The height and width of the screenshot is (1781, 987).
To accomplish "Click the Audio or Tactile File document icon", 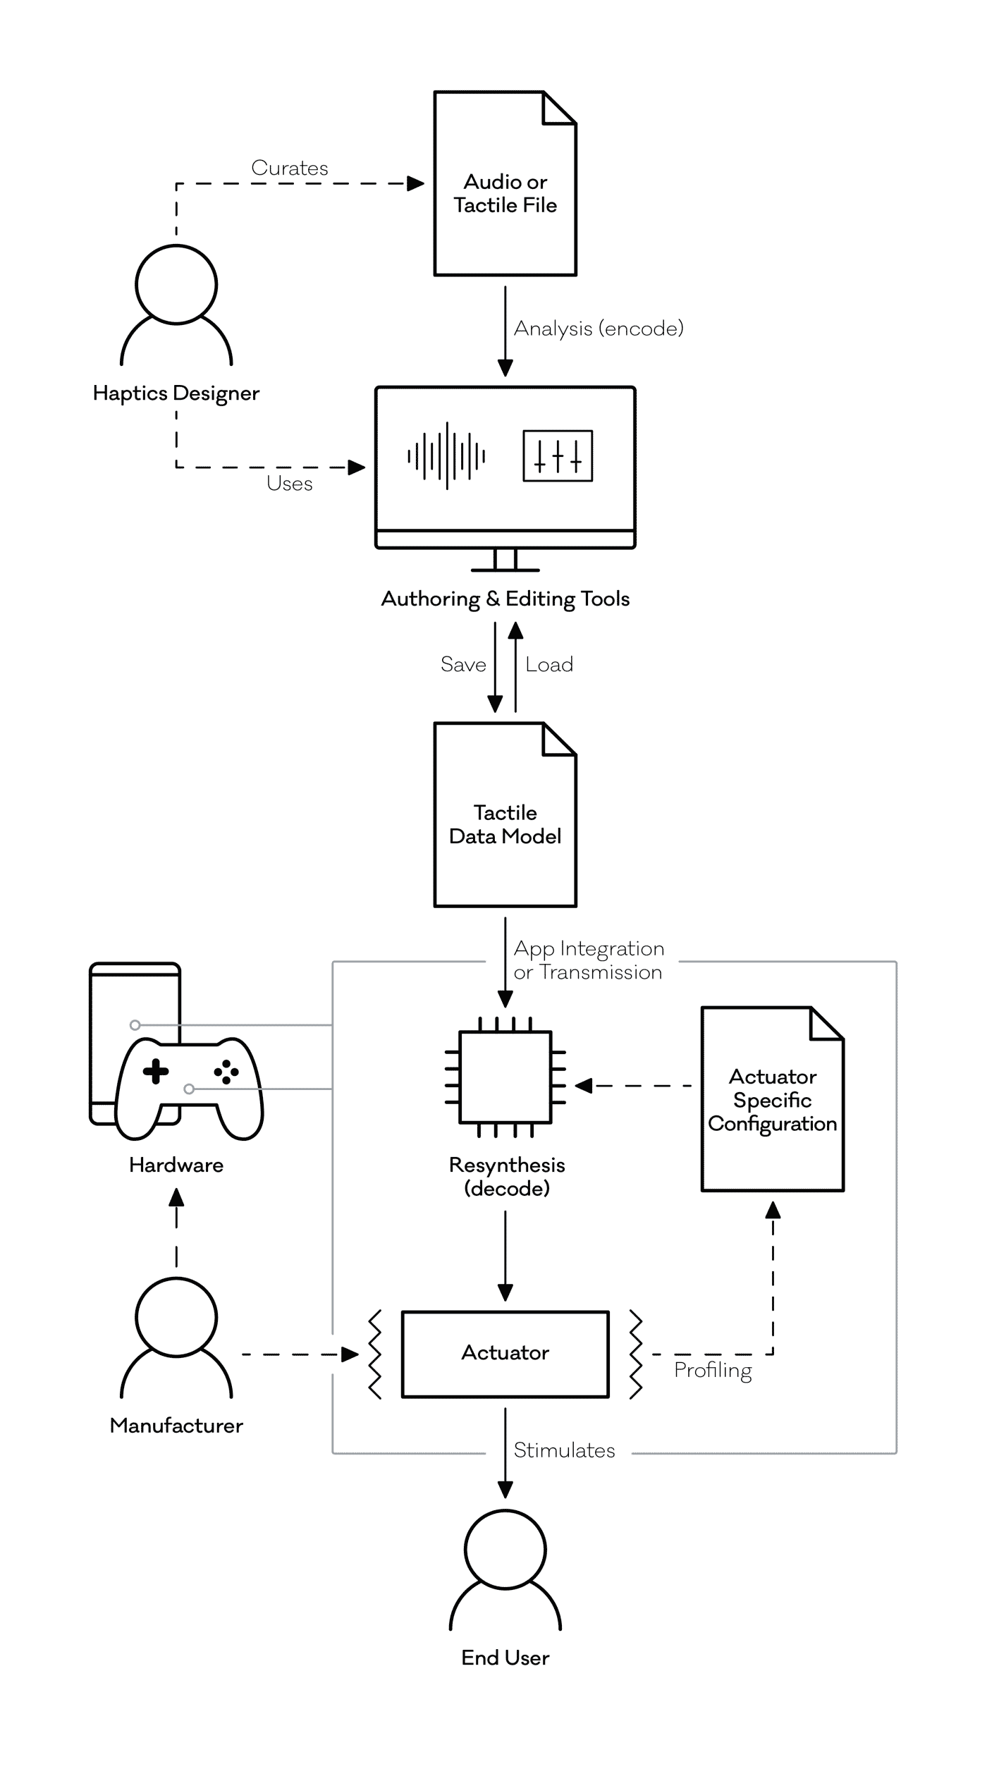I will pyautogui.click(x=505, y=183).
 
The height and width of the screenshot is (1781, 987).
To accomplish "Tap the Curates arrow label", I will pyautogui.click(x=290, y=168).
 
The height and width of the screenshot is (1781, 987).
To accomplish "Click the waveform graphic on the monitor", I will pyautogui.click(x=446, y=456).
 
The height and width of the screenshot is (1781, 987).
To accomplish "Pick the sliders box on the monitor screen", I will pyautogui.click(x=558, y=456).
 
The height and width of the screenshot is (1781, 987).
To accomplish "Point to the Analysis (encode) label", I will pyautogui.click(x=599, y=329).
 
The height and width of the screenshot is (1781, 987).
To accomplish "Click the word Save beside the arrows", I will pyautogui.click(x=463, y=664).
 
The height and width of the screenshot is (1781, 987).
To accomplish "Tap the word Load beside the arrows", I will pyautogui.click(x=549, y=664).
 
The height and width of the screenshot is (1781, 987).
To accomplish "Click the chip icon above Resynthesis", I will pyautogui.click(x=505, y=1077).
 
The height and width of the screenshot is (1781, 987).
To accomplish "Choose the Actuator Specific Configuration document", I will pyautogui.click(x=773, y=1099).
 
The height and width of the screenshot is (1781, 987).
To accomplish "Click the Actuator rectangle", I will pyautogui.click(x=505, y=1354).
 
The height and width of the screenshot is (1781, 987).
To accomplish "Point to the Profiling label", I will pyautogui.click(x=713, y=1370).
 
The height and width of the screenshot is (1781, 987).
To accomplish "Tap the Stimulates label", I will pyautogui.click(x=564, y=1450).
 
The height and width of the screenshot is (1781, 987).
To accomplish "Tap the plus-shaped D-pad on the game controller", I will pyautogui.click(x=156, y=1072).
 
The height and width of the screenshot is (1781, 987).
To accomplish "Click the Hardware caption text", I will pyautogui.click(x=176, y=1165).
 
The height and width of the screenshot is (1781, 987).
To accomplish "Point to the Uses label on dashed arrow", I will pyautogui.click(x=290, y=484).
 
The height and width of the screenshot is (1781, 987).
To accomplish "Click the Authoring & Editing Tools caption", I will pyautogui.click(x=505, y=599).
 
